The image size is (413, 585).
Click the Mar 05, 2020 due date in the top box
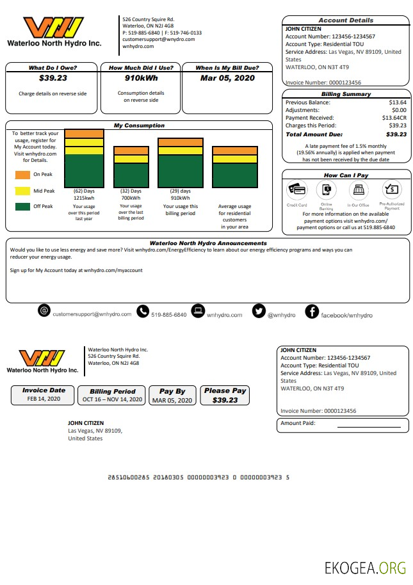(227, 78)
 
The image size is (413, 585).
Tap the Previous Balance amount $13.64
(397, 102)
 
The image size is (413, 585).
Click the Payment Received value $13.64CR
(394, 118)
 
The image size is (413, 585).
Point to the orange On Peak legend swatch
(22, 174)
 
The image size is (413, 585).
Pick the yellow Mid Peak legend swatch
(22, 191)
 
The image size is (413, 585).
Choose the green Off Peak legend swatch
(22, 207)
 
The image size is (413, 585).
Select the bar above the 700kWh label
(131, 167)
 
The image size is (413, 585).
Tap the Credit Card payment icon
(297, 190)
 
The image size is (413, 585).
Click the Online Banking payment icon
(326, 190)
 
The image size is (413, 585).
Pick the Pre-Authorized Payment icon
(391, 189)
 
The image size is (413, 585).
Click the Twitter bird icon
(259, 311)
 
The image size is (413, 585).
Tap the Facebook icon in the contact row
(312, 311)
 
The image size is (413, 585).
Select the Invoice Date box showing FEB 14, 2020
(44, 395)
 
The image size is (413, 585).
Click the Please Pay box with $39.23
(225, 395)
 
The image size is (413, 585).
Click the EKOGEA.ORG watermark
(365, 567)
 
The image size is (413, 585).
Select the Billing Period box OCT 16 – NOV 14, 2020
(113, 395)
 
